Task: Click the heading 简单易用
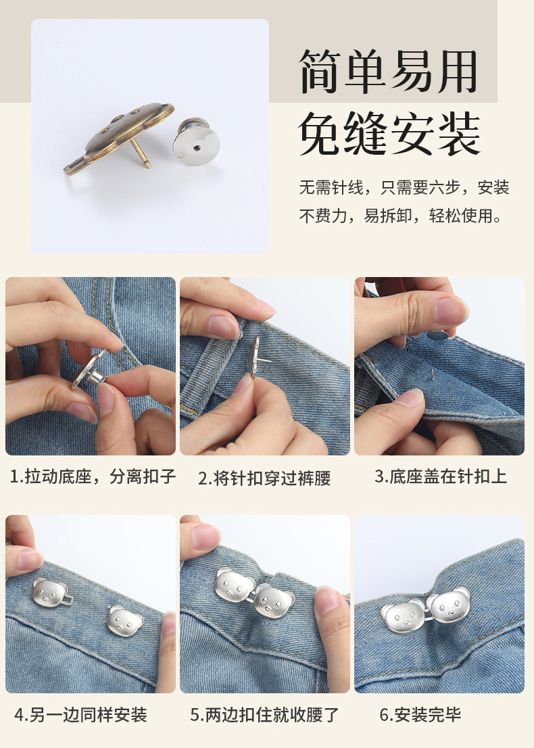389,72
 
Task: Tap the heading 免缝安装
389,134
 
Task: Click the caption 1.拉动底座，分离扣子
93,477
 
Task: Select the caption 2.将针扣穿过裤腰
264,478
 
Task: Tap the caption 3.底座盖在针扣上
441,476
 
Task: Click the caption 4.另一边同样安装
80,714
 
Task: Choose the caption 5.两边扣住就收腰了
264,714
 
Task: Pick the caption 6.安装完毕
420,714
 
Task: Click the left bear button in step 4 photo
49,594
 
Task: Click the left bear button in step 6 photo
401,614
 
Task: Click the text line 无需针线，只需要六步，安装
404,187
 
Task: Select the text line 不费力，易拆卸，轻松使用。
402,216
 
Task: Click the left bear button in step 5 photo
234,585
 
